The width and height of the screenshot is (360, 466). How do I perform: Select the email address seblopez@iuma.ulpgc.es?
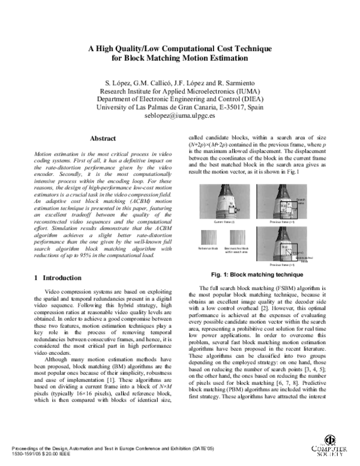[180, 117]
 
